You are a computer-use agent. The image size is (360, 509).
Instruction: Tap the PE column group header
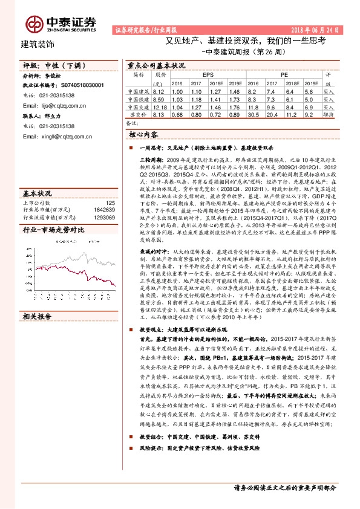coord(283,74)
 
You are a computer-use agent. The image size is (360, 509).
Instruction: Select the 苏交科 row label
coord(138,114)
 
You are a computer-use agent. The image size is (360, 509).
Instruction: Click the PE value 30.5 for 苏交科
coord(254,114)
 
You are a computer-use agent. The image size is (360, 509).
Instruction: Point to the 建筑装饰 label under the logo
coord(38,44)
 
